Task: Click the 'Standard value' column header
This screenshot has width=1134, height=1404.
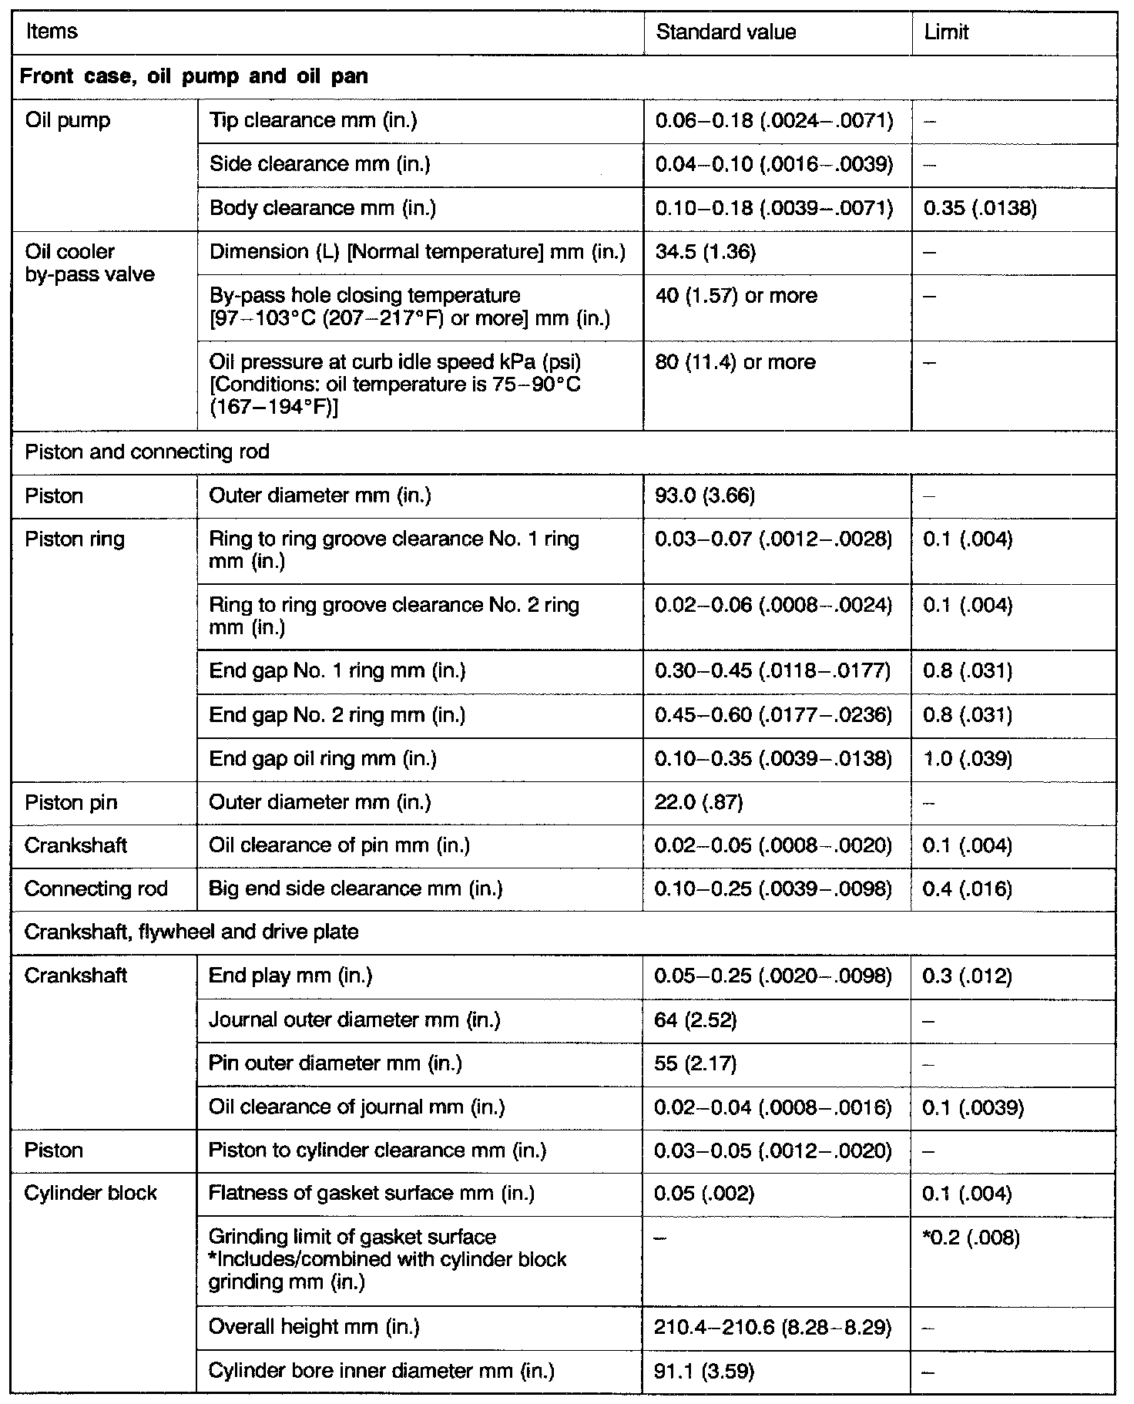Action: coord(726,32)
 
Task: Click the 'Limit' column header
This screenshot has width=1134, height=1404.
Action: coord(946,32)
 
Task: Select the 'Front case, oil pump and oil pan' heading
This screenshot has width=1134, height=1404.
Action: coord(193,76)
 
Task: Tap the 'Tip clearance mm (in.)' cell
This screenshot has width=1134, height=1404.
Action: coord(313,120)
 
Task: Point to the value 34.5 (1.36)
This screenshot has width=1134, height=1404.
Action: coord(705,252)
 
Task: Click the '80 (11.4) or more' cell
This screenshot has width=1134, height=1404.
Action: coord(735,362)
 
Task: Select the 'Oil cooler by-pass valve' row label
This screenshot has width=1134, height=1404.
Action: coord(89,263)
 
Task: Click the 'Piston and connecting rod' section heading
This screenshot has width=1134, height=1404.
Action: coord(147,452)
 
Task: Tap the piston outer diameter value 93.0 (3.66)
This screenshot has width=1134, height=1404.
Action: coord(705,495)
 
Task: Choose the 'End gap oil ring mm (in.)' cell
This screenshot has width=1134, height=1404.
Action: coord(323,759)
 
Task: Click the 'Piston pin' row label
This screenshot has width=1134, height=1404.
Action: coord(71,803)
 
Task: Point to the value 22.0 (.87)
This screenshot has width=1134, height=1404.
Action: coord(699,803)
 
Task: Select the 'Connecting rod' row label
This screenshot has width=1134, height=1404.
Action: coord(96,889)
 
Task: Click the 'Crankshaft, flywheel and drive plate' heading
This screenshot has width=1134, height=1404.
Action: coord(191,932)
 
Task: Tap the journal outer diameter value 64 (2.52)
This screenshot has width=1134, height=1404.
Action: coord(696,1020)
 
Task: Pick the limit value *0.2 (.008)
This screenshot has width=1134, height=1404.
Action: coord(971,1238)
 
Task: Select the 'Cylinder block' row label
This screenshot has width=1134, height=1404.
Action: coord(90,1194)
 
